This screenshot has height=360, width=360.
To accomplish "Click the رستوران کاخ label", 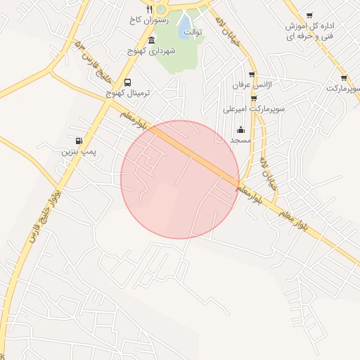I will (146, 20).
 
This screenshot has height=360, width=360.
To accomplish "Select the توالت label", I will (192, 32).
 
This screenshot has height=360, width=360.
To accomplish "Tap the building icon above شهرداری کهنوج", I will (152, 40).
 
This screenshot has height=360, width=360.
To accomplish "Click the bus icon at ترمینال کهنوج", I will (127, 82).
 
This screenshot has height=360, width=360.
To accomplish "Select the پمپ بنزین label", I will (78, 151).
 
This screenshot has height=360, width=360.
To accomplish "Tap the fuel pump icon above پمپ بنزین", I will (78, 140).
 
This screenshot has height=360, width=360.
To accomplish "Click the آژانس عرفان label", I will (252, 85).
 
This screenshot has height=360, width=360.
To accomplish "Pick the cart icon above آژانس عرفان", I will (252, 74).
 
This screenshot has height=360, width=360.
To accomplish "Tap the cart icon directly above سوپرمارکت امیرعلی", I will (254, 98).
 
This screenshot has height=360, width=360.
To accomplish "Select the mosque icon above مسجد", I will (240, 129).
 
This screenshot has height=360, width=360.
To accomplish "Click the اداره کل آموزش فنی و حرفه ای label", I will (309, 30).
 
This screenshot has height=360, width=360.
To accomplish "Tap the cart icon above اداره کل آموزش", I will (309, 15).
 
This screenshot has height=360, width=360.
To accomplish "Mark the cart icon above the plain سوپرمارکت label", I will (343, 78).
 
